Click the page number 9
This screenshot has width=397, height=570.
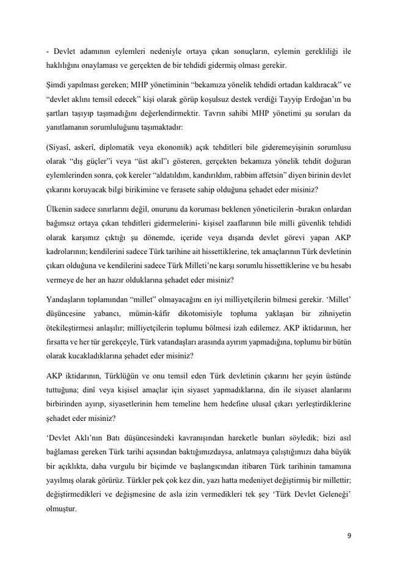(x=348, y=536)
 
